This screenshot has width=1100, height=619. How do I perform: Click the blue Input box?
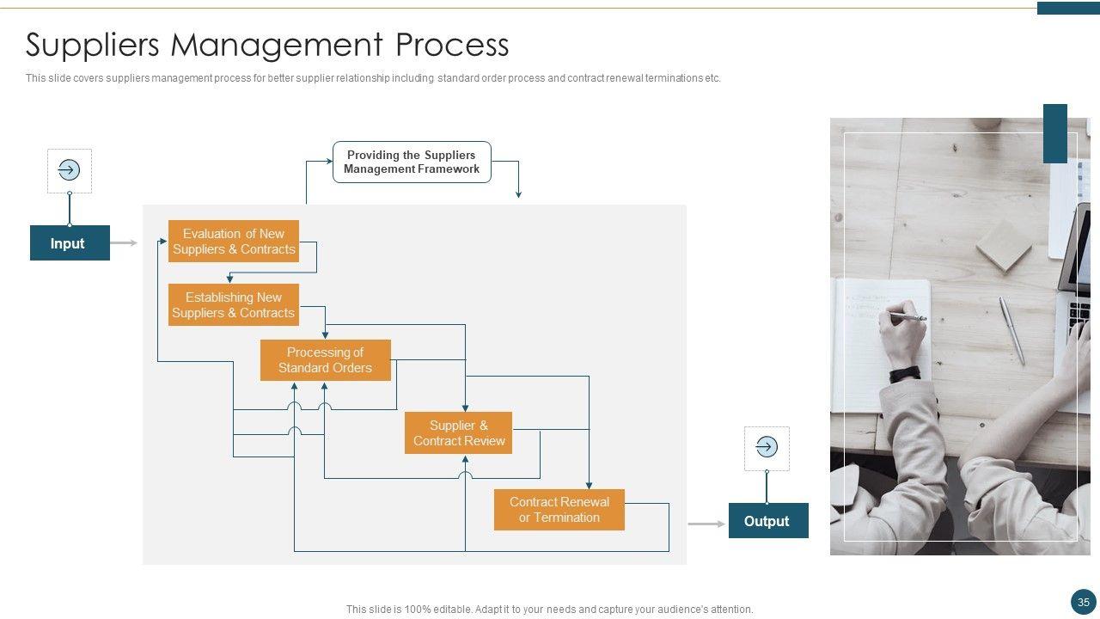click(70, 243)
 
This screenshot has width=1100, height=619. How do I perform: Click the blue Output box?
click(767, 521)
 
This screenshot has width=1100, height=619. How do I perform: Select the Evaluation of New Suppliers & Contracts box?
click(233, 242)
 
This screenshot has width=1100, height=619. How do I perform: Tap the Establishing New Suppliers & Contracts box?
click(233, 305)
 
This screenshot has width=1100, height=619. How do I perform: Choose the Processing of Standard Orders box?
click(325, 360)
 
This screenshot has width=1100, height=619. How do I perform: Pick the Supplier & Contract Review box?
click(458, 433)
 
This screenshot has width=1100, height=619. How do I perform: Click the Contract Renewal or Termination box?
click(559, 510)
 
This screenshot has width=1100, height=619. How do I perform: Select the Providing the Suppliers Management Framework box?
click(412, 162)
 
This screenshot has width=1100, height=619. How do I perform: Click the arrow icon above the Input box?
click(69, 170)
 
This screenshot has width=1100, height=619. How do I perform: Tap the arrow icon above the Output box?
click(767, 447)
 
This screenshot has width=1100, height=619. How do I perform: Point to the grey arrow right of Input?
click(124, 243)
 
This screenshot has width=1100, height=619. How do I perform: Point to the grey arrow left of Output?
click(707, 524)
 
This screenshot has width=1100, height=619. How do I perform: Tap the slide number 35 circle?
click(1083, 603)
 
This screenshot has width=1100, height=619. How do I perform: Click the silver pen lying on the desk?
click(1012, 330)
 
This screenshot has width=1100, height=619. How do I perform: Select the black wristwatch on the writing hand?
click(905, 374)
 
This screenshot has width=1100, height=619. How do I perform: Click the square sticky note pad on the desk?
click(1004, 246)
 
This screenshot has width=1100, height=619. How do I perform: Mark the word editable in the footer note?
click(451, 610)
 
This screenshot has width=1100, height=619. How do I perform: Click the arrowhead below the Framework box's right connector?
click(518, 194)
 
